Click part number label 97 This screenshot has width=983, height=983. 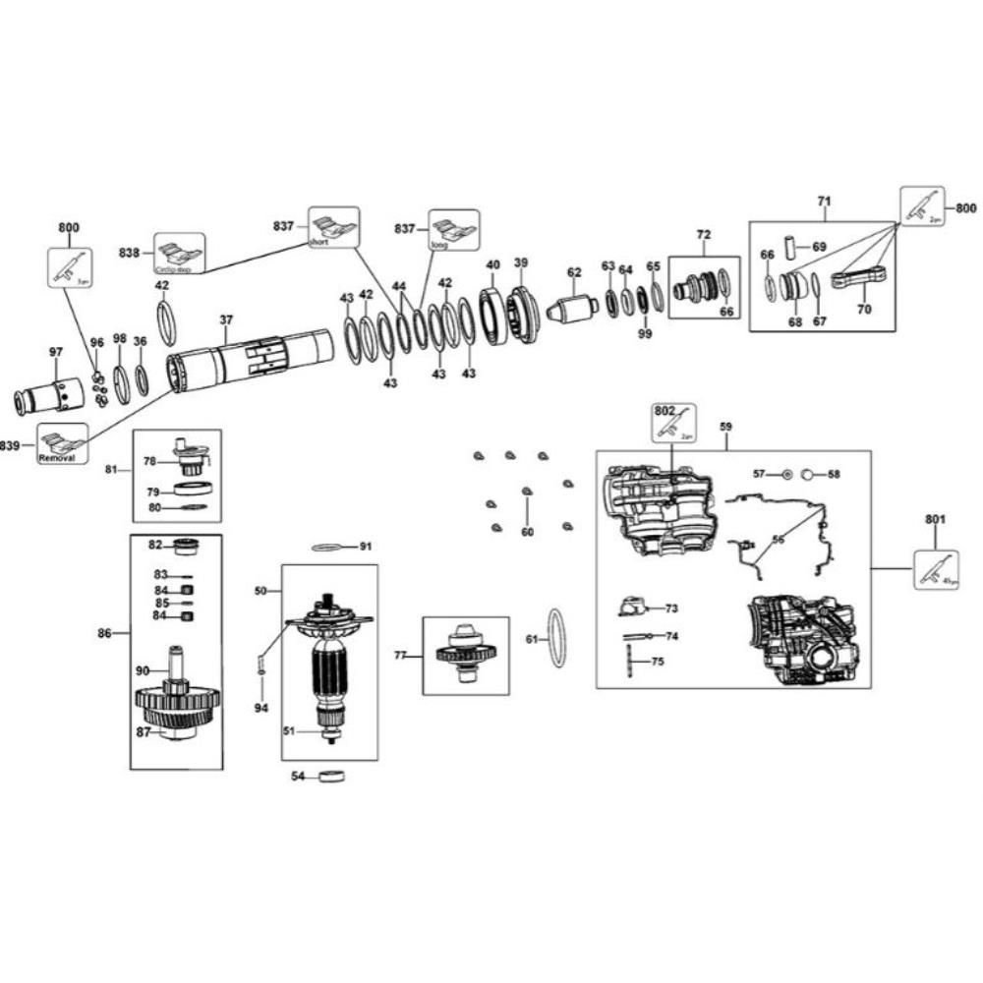[x=56, y=352]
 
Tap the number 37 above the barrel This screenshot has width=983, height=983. [x=226, y=320]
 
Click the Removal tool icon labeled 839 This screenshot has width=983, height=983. [x=64, y=444]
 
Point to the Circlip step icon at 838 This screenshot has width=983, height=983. [x=179, y=253]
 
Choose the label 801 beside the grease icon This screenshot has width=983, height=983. [x=935, y=519]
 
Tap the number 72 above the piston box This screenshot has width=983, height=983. [x=703, y=235]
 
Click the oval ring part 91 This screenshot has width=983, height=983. [x=332, y=547]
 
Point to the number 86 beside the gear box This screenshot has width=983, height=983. [x=104, y=634]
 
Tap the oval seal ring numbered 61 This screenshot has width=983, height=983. [x=556, y=638]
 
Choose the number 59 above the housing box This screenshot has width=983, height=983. [x=725, y=428]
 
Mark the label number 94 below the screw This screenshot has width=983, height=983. [x=260, y=708]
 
